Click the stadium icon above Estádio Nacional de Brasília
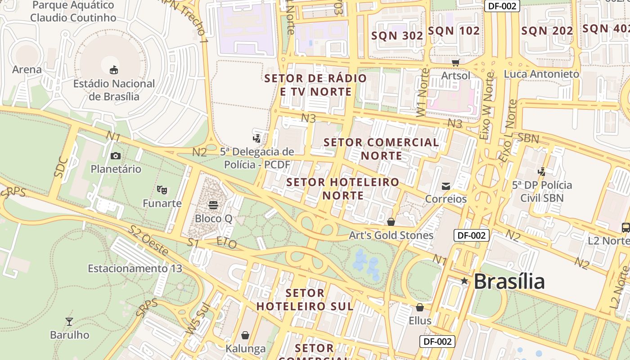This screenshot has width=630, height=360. (x=114, y=70)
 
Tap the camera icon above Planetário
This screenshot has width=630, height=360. (x=116, y=156)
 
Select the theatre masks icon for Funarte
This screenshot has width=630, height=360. (x=162, y=190)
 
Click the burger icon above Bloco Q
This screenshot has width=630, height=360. (x=213, y=205)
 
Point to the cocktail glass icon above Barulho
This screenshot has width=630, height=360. (x=69, y=321)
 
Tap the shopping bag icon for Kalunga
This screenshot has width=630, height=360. (x=245, y=335)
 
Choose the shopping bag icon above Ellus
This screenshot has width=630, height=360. (x=420, y=307)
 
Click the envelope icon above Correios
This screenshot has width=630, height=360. (x=446, y=186)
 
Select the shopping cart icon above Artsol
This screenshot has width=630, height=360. (x=456, y=63)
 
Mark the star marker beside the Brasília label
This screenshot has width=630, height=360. (x=464, y=281)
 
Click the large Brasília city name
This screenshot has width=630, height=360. (x=509, y=282)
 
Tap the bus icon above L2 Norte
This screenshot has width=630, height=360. (x=625, y=227)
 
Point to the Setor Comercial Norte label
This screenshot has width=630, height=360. (x=382, y=149)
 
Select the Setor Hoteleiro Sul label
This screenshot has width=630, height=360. (x=305, y=299)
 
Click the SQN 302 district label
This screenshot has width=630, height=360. (x=397, y=36)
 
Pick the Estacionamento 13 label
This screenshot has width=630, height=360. (x=135, y=269)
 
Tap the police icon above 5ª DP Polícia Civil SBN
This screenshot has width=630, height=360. (x=542, y=171)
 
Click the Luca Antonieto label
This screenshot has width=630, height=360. (x=541, y=74)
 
